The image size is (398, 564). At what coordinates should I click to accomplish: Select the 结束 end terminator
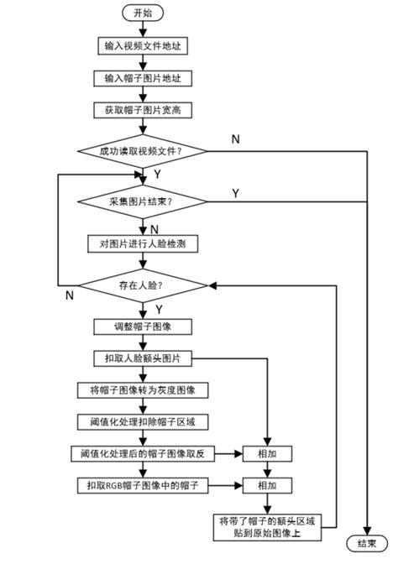(x=366, y=543)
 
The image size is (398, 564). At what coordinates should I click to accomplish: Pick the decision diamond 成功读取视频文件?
(x=141, y=151)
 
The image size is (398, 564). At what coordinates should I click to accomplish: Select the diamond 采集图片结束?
(x=141, y=201)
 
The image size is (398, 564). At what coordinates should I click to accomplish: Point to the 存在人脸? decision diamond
(x=141, y=285)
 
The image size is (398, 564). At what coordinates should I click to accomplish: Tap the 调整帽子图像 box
(x=143, y=326)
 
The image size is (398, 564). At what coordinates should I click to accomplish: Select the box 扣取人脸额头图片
(x=143, y=358)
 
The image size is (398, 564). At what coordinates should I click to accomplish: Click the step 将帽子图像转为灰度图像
(x=143, y=390)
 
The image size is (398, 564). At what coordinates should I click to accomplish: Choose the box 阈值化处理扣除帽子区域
(x=143, y=421)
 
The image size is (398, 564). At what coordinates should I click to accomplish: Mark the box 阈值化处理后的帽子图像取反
(x=143, y=453)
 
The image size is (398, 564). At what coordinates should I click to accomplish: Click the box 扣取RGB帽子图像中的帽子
(x=143, y=485)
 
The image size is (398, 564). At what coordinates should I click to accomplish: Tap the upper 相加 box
(x=267, y=453)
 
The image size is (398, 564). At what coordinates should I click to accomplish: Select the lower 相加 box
(x=267, y=485)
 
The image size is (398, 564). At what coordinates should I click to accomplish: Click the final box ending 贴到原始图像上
(x=267, y=525)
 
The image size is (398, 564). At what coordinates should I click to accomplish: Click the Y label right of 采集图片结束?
(x=235, y=193)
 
